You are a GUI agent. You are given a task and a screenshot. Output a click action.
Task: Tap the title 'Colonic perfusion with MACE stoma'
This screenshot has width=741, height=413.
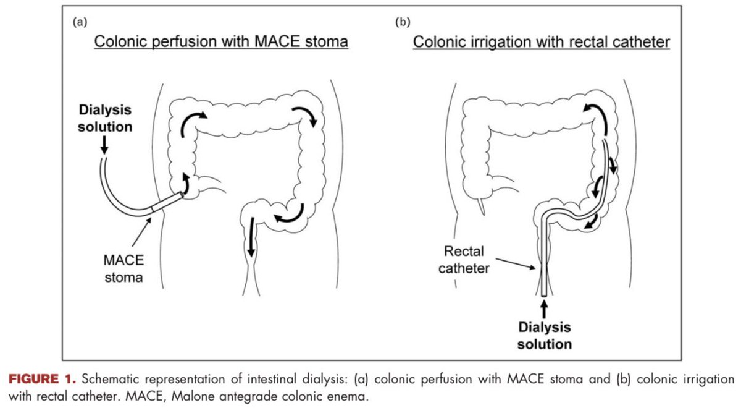pyautogui.click(x=221, y=42)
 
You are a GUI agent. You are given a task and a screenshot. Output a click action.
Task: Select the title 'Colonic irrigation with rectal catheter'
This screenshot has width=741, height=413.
pyautogui.click(x=542, y=42)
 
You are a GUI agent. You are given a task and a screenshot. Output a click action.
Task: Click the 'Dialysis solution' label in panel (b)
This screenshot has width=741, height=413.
pyautogui.click(x=544, y=334)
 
